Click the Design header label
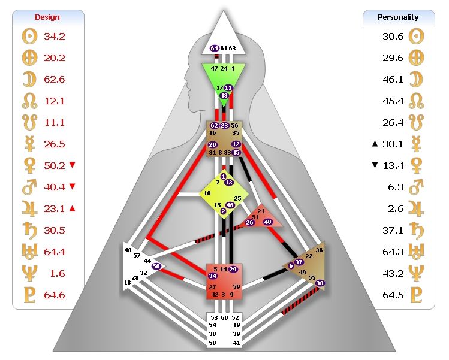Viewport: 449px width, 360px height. (x=47, y=17)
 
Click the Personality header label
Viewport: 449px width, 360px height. (x=398, y=17)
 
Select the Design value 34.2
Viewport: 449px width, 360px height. (x=55, y=37)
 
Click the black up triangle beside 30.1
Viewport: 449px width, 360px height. (x=375, y=144)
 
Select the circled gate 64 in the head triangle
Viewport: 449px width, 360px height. (x=215, y=48)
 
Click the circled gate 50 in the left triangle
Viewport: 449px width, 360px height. (x=156, y=266)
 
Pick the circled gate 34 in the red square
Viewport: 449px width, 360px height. (x=213, y=276)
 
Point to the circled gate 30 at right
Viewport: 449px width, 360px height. (x=320, y=283)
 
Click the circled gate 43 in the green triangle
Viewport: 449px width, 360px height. (x=224, y=96)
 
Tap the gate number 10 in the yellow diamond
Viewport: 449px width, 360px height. (x=207, y=193)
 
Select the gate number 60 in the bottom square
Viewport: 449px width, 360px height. (x=224, y=317)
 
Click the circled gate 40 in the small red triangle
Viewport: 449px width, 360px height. (x=268, y=222)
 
